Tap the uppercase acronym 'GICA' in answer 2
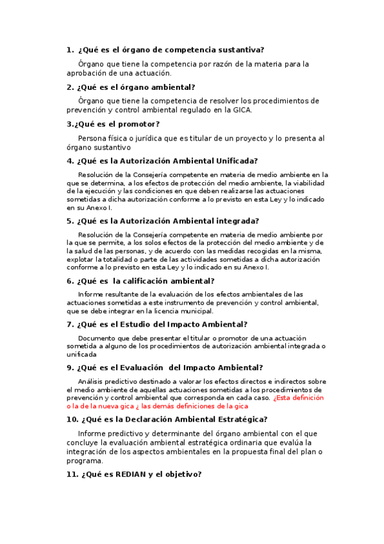pyautogui.click(x=241, y=110)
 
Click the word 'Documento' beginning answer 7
pyautogui.click(x=98, y=338)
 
